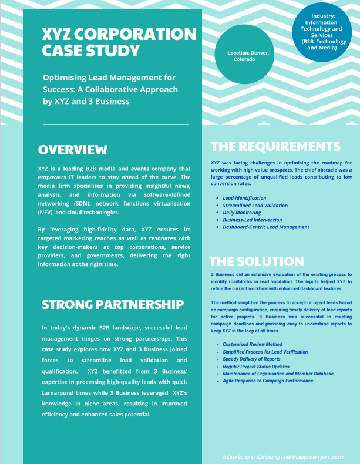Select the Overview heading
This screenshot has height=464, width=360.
click(73, 150)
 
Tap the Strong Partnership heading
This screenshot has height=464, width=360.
click(113, 304)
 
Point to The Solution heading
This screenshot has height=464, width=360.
click(257, 261)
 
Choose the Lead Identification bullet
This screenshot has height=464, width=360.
click(244, 199)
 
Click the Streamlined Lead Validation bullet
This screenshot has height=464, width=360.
click(255, 206)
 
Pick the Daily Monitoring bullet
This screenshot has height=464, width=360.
click(242, 213)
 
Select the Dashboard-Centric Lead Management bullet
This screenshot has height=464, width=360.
click(266, 227)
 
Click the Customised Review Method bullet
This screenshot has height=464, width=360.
click(253, 344)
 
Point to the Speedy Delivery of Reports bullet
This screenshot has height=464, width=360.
click(251, 359)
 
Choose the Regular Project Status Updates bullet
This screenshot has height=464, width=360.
click(256, 367)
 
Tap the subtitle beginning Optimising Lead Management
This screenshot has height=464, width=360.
click(110, 89)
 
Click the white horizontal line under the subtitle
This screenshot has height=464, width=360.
click(116, 124)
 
